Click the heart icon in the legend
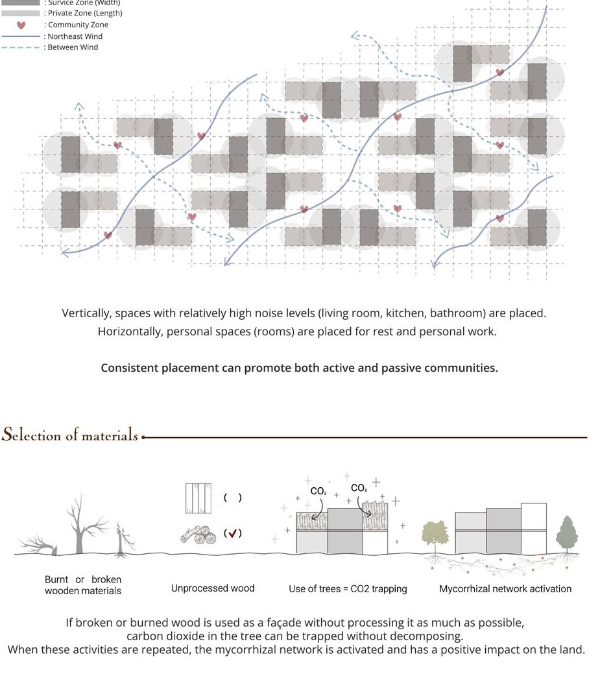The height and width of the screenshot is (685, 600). tap(21, 25)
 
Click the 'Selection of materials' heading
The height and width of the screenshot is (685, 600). tap(69, 435)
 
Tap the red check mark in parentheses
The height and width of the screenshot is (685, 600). tap(232, 533)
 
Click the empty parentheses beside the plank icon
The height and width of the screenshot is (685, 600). tap(232, 498)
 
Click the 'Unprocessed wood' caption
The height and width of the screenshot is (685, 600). tap(213, 588)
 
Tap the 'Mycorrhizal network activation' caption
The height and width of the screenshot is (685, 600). tap(505, 589)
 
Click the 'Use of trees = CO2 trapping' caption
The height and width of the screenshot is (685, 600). tap(348, 589)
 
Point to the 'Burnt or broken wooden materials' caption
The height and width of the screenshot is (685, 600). tap(83, 585)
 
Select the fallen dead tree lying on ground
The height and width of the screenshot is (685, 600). tap(39, 544)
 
